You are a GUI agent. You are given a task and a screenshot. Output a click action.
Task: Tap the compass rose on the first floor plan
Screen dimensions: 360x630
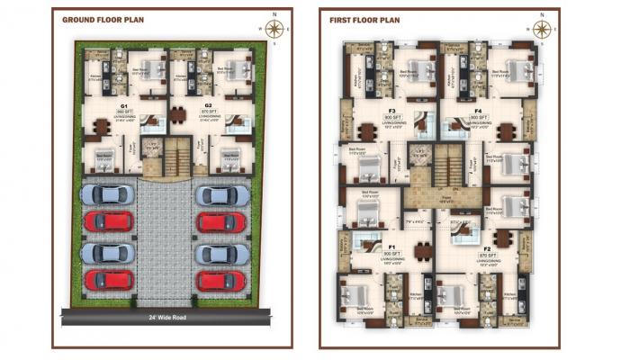click(x=541, y=28)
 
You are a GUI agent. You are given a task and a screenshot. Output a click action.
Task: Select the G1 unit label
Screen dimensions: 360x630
click(x=123, y=107)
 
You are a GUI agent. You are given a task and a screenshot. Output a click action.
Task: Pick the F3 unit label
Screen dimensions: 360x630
click(x=391, y=112)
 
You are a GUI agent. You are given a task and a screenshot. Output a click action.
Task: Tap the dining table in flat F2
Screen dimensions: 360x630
click(x=501, y=241)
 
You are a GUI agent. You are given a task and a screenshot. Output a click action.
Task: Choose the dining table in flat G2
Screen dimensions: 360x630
click(x=178, y=114)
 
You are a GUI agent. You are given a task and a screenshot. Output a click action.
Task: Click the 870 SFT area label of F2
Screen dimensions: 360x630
click(x=487, y=255)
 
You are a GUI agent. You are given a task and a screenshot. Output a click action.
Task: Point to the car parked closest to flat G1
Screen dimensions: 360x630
click(x=107, y=195)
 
